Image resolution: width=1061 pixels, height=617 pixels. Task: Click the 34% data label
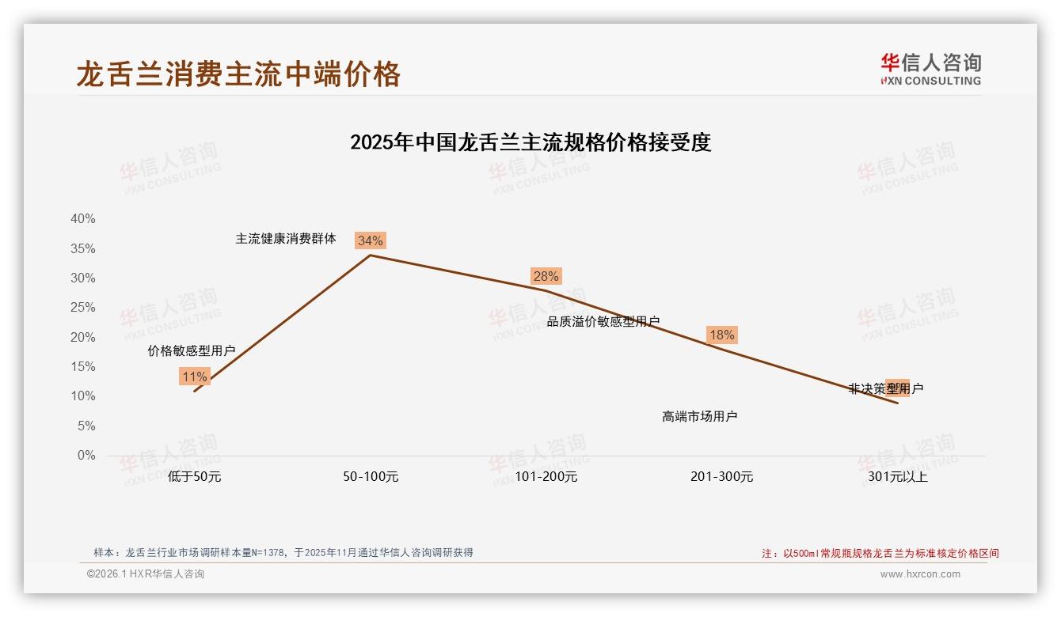click(370, 240)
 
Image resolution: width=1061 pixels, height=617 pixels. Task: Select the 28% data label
click(546, 276)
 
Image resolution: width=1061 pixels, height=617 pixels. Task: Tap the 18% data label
click(721, 335)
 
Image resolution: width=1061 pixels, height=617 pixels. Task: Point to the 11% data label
click(194, 377)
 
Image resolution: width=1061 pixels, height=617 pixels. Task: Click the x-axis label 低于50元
click(194, 477)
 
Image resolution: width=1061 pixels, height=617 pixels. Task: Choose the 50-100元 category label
click(371, 477)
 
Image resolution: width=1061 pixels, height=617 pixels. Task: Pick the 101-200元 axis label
click(546, 477)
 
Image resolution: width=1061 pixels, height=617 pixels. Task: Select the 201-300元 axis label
click(721, 477)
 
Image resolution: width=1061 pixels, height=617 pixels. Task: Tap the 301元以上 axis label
click(897, 477)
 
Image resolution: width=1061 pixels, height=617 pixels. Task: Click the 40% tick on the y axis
click(83, 219)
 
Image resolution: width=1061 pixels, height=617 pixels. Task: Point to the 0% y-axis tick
click(86, 456)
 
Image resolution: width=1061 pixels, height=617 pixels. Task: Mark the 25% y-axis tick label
click(83, 308)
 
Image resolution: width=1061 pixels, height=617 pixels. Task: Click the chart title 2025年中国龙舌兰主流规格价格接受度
click(530, 142)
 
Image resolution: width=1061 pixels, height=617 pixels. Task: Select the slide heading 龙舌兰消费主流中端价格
click(238, 74)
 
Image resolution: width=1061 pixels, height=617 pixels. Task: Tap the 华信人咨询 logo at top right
click(930, 69)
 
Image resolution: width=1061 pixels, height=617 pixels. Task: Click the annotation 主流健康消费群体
click(286, 238)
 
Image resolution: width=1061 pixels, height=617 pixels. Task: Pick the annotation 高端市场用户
click(700, 416)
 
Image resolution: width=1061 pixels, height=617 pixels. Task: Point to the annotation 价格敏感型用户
click(192, 350)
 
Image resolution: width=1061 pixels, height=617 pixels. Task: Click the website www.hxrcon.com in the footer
click(920, 574)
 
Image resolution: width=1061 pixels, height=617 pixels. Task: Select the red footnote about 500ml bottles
click(880, 554)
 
